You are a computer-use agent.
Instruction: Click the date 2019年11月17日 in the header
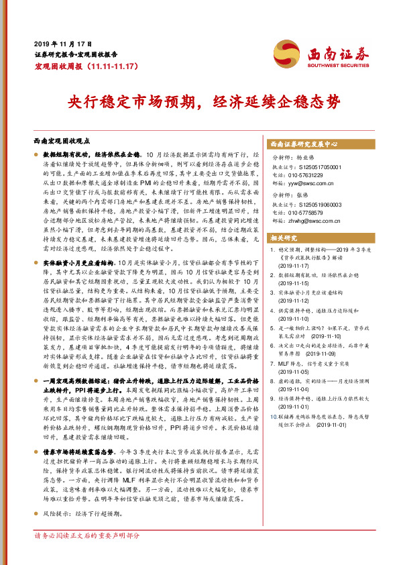58,42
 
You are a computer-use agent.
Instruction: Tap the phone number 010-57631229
308,174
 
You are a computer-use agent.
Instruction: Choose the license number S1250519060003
315,204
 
